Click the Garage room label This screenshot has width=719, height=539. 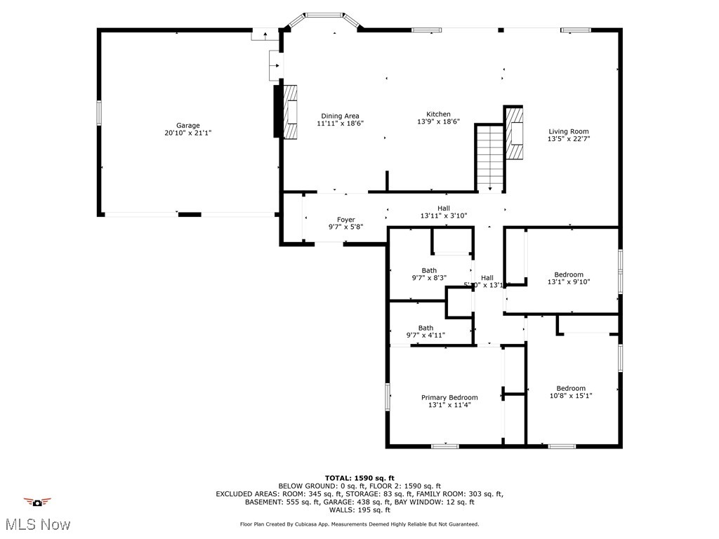click(x=187, y=126)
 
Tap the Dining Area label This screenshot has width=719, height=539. click(x=341, y=116)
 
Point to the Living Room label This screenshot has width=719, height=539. click(x=569, y=131)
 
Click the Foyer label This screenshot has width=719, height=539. click(x=345, y=220)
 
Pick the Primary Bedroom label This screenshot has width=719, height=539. click(x=449, y=397)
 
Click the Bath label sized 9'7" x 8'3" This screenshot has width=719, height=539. click(x=429, y=270)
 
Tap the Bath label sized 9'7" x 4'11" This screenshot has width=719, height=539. click(x=426, y=328)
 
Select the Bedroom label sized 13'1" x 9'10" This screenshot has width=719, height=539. click(x=569, y=274)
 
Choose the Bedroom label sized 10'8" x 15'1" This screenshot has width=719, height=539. click(x=571, y=388)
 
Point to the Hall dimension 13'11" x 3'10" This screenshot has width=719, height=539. click(x=444, y=216)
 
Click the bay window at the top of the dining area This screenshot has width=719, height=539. click(x=324, y=15)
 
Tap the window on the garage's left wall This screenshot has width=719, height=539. click(x=99, y=113)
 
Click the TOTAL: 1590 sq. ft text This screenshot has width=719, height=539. click(x=359, y=478)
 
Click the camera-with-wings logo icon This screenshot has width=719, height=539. click(x=37, y=502)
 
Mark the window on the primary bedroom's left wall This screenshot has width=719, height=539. click(x=387, y=397)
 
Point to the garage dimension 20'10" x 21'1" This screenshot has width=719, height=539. click(x=187, y=133)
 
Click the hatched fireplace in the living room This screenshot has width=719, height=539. click(x=515, y=133)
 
